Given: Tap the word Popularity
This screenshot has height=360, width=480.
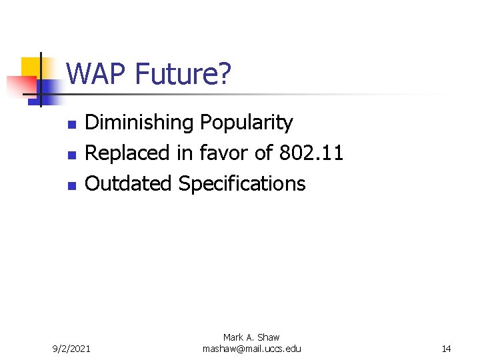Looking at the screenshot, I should pos(246,123).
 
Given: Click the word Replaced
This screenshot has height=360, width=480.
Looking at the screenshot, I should pos(128,153).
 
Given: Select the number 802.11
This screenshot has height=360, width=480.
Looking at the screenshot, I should pos(311,153).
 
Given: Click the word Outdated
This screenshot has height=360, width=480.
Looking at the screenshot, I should pos(129,183).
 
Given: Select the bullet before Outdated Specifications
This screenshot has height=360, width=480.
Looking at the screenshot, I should pos(72,185).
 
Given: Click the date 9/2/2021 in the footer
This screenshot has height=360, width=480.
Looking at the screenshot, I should pos(73,349).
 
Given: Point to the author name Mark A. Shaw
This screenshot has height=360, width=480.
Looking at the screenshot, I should pos(251,338).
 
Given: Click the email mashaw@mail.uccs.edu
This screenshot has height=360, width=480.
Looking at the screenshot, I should pos(251,349).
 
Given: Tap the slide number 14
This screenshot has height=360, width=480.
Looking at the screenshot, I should pos(446,349).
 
